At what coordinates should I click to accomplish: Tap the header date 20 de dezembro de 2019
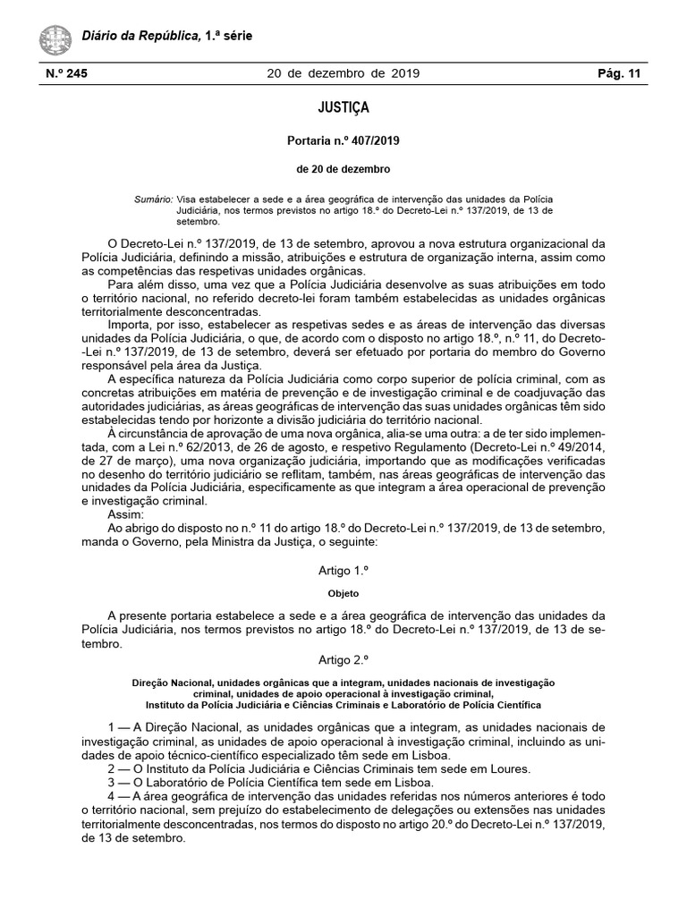(x=343, y=73)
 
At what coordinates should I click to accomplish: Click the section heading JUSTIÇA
(x=343, y=108)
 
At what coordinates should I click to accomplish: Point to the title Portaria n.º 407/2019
(x=343, y=140)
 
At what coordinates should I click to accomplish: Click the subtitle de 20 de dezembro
(x=343, y=169)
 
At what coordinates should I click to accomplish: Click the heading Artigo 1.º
(x=343, y=570)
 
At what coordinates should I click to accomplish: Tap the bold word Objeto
(x=343, y=592)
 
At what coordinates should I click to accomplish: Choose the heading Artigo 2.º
(x=343, y=659)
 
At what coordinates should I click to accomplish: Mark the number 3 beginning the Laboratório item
(x=110, y=782)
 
